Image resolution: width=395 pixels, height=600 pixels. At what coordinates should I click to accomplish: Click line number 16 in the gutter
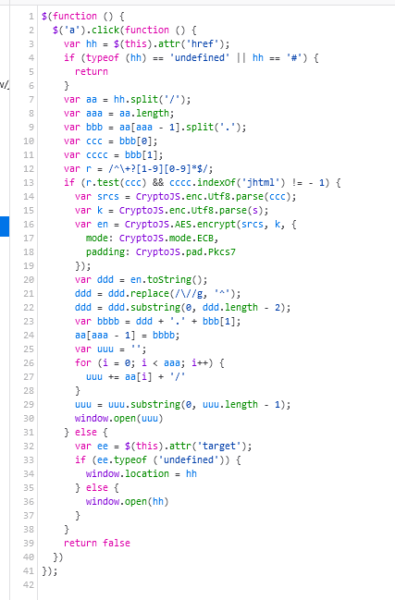tap(29, 225)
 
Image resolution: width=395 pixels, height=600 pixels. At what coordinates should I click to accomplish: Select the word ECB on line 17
tap(205, 238)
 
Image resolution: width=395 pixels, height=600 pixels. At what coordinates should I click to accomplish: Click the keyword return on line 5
tap(92, 71)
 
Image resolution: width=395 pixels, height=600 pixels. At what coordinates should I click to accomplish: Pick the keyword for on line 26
tap(83, 362)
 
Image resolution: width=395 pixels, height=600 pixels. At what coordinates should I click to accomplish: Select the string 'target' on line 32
tap(219, 446)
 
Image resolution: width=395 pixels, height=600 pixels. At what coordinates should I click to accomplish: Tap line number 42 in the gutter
tap(29, 584)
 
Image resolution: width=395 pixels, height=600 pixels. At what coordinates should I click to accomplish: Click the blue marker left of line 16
tap(5, 227)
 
